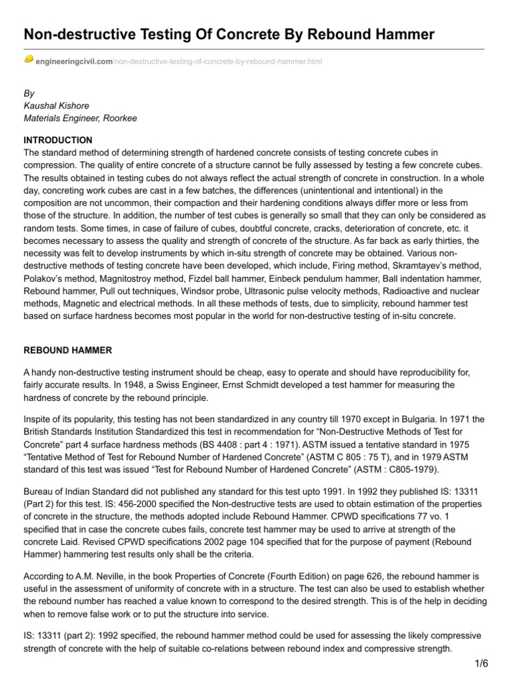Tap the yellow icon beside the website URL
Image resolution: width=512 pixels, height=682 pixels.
(29, 59)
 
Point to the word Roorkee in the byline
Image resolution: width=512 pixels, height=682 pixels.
(119, 118)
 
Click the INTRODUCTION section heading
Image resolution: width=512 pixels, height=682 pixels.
(58, 141)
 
